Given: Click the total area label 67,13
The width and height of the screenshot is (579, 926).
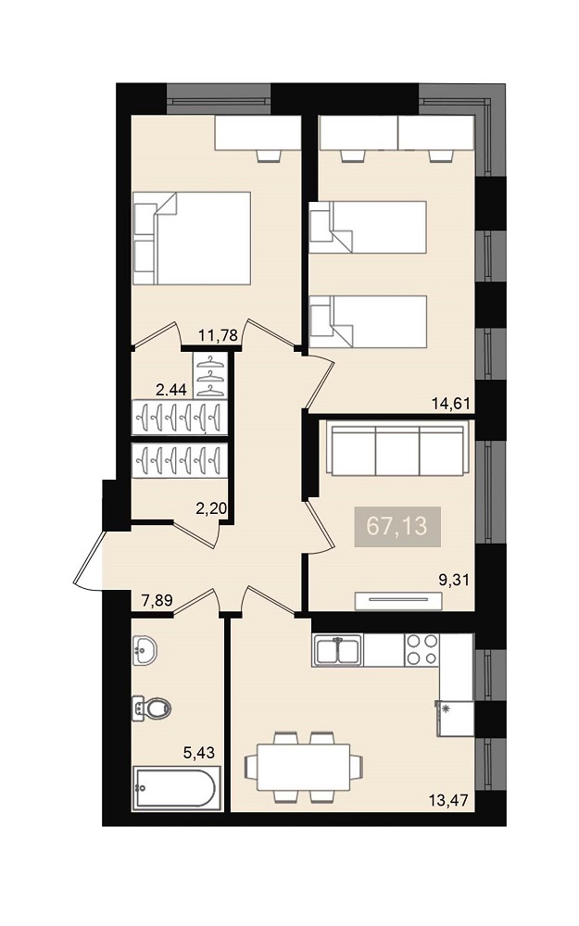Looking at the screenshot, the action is (396, 526).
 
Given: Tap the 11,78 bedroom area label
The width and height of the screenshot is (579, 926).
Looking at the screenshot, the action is (218, 335).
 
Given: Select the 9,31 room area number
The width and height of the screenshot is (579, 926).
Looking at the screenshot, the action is (454, 580).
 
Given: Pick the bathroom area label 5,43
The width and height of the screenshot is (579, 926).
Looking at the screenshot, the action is (199, 752).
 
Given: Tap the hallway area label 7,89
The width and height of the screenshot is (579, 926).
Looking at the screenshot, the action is (157, 601).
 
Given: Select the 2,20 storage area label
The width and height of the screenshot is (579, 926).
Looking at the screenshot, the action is (211, 507).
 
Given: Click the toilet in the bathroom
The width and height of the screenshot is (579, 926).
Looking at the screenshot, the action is (151, 707).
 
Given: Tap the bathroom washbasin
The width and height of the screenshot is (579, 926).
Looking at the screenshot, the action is (145, 651).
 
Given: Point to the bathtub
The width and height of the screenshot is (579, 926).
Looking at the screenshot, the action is (177, 788).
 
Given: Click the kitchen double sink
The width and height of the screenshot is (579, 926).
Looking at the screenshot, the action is (338, 651).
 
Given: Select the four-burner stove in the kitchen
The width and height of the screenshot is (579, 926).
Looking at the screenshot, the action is (422, 650).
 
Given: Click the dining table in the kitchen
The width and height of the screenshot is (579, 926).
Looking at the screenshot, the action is (304, 767).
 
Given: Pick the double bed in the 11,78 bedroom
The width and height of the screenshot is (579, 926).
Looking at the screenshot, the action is (192, 238).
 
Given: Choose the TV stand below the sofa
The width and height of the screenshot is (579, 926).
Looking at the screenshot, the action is (398, 601).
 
